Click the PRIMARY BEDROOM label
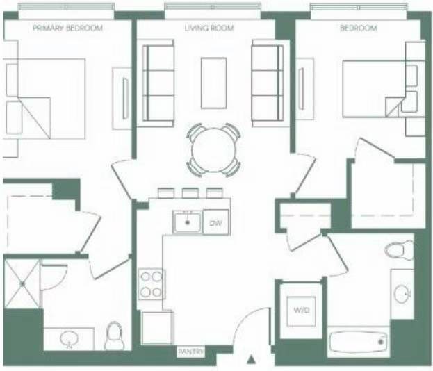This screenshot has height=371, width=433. pos(67,28)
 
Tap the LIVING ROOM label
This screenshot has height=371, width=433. pos(209,28)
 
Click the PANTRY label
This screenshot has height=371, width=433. pos(191,352)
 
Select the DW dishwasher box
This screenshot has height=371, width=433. pos(216,222)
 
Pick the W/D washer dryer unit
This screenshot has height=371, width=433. pos(301,311)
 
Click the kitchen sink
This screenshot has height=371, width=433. pos(188,222)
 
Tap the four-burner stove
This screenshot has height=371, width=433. pos(151,283)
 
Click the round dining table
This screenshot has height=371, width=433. pos(214,150)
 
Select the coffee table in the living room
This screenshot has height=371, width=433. pos(214,83)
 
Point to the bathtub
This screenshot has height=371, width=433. pos(358,342)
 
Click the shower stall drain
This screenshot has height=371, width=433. pos(23,283)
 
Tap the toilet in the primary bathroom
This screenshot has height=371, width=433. pos(113,336)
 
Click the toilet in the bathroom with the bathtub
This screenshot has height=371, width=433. pos(400,250)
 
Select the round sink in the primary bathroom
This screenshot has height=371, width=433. pos(70,338)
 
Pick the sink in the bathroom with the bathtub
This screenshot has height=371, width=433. pos(402,295)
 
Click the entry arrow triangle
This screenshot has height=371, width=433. pos(251,359)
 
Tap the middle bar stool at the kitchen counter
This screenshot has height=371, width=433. pos(190,192)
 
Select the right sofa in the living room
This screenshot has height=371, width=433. pos(268,83)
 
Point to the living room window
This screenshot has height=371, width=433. pos(213,7)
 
